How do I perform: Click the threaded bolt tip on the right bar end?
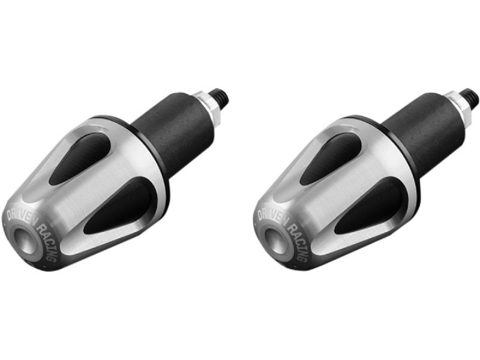coord(472,97)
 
